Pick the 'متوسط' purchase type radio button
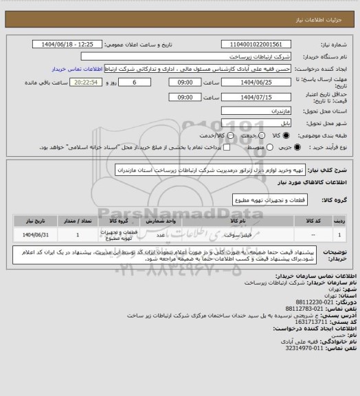click(x=238, y=147)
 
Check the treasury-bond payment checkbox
click(x=203, y=147)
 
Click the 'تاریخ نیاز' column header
click(x=31, y=221)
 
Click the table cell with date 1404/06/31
click(x=31, y=234)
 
